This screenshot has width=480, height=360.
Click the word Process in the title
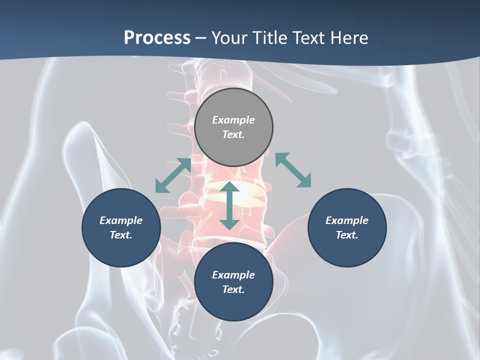[x=157, y=37]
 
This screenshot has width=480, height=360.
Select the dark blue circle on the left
[x=121, y=227]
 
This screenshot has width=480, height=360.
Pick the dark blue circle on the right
[x=347, y=227]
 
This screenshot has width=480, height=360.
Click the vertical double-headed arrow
[x=229, y=205]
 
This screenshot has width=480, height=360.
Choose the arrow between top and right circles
[x=293, y=170]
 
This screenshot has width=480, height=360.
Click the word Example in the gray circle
[x=233, y=120]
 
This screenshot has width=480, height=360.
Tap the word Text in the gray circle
[x=233, y=134]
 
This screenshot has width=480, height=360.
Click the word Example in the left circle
[x=121, y=220]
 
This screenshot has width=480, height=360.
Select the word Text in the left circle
[x=121, y=235]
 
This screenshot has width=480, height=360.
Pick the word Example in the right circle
[x=347, y=220]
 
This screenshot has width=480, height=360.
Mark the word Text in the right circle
[x=347, y=235]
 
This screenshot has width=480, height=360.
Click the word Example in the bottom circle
[x=233, y=275]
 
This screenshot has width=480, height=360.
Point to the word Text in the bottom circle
[x=233, y=289]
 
